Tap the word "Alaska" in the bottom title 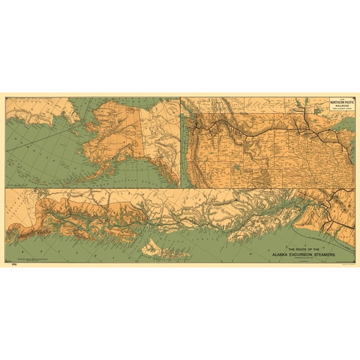click(x=289, y=255)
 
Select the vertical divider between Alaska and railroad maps click(x=180, y=141)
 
